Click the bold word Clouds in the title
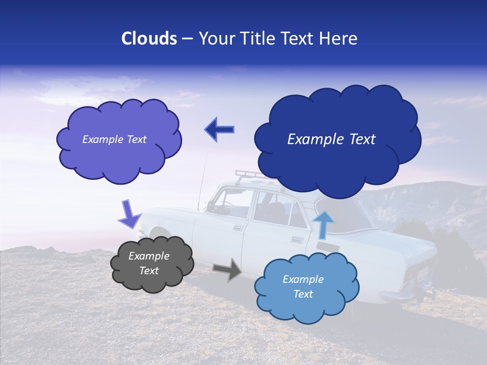coord(149,39)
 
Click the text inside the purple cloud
coord(115,139)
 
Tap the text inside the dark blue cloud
coord(331,139)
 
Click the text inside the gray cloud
coord(149,264)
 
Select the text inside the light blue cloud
coord(303,286)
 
